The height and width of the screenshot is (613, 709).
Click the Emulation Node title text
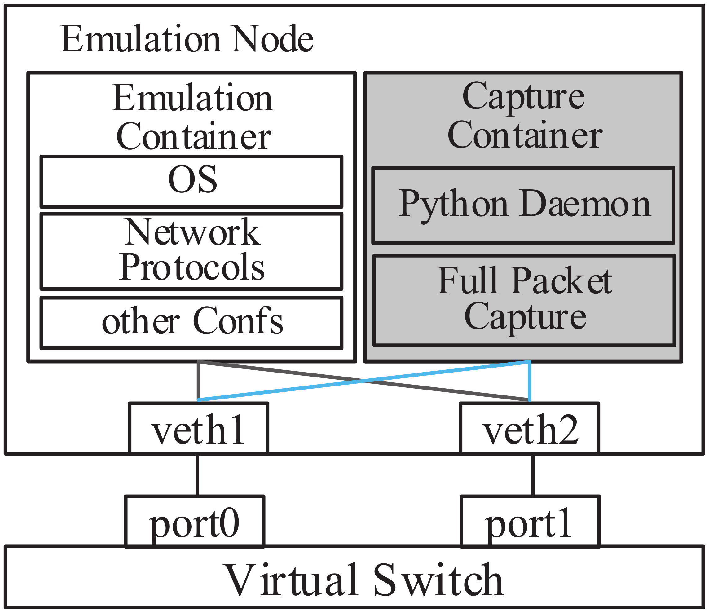pos(187,39)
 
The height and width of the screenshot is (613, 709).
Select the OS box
pos(192,181)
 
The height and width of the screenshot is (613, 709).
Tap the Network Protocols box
pos(192,251)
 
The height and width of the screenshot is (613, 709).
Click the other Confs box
pos(192,323)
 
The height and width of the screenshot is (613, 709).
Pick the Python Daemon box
pos(523,205)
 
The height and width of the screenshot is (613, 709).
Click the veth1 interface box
pos(198,429)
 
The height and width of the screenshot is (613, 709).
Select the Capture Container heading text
pos(524,115)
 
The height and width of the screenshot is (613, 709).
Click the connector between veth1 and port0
pos(197,475)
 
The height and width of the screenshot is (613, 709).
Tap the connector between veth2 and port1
pos(533,475)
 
